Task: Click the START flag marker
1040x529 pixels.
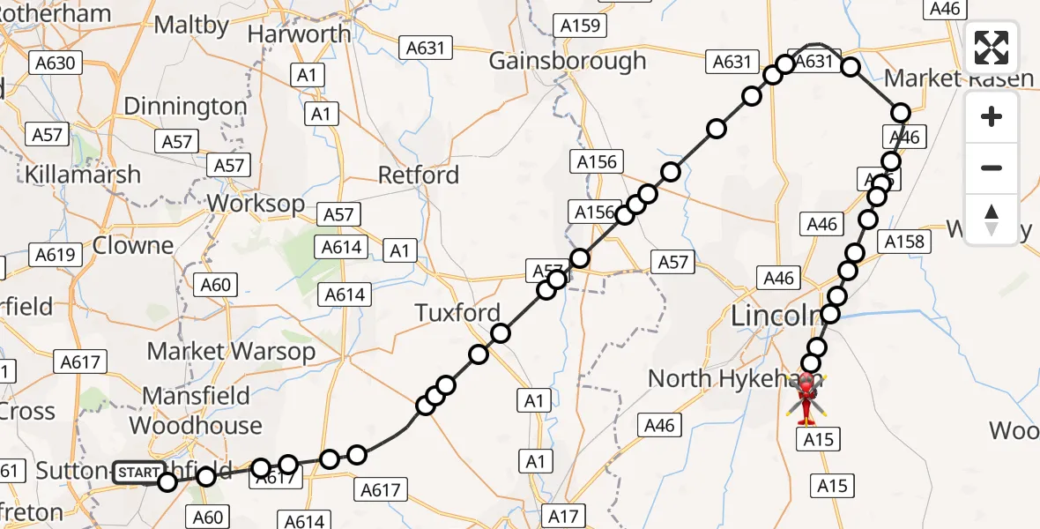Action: click(x=138, y=473)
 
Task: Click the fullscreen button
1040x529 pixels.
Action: click(x=992, y=48)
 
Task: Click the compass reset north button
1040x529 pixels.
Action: click(x=992, y=219)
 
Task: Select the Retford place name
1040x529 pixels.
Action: click(x=419, y=175)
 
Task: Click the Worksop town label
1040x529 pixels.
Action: click(x=256, y=204)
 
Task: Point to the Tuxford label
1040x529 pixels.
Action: click(x=457, y=313)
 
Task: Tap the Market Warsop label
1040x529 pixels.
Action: click(x=231, y=351)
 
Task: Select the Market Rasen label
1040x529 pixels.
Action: click(x=959, y=78)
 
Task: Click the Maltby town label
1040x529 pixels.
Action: click(x=191, y=24)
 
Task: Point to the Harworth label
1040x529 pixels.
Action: click(x=300, y=34)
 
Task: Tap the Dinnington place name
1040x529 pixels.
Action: click(x=185, y=107)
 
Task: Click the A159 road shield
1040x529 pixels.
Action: click(x=583, y=26)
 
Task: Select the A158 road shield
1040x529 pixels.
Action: click(x=903, y=242)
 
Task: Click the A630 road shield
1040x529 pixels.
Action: click(x=56, y=63)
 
